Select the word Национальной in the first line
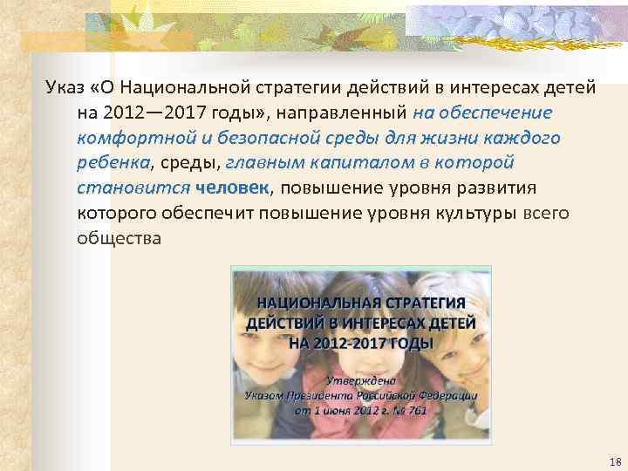tap(181, 88)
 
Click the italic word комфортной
tap(132, 138)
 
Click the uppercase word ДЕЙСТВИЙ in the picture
tap(290, 323)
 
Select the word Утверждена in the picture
tap(361, 380)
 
